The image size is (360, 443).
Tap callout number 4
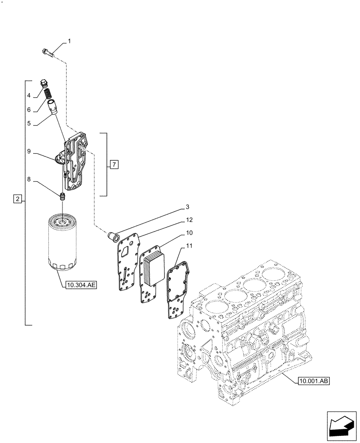click(x=28, y=95)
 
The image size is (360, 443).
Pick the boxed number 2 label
click(x=17, y=199)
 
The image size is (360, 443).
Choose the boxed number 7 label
click(x=114, y=165)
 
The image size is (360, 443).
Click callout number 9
click(x=28, y=152)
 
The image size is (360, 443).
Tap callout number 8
click(x=28, y=180)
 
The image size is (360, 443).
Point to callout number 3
click(x=187, y=207)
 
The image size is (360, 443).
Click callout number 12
click(x=189, y=220)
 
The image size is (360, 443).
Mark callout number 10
click(x=189, y=233)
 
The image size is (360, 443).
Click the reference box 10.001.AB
click(x=314, y=380)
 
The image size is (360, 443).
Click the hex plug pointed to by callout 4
click(x=43, y=84)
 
